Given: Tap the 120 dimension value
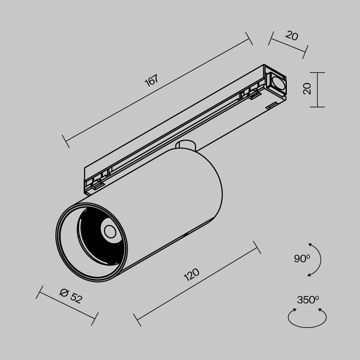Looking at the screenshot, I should tap(192, 275).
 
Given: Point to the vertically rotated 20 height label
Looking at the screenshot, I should tap(307, 89).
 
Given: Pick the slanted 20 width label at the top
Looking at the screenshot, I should tap(292, 36).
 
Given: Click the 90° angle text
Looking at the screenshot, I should tap(302, 259).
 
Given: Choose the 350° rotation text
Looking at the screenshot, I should tap(307, 300).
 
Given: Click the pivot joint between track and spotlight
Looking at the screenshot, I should tap(186, 145).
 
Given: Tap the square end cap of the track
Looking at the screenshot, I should tap(275, 82).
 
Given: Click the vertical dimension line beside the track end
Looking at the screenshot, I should tap(318, 89).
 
